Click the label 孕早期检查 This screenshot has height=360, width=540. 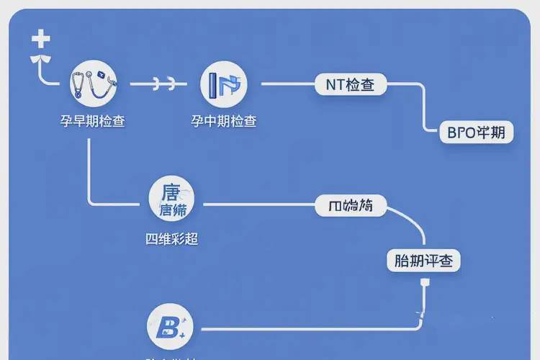(x=93, y=121)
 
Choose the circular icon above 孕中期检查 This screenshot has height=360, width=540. (x=224, y=84)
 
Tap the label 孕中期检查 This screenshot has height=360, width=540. (x=224, y=121)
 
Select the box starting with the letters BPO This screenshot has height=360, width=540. (x=475, y=133)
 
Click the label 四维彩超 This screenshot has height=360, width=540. (x=172, y=239)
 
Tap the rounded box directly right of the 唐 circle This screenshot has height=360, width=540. (x=351, y=206)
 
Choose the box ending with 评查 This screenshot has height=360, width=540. (x=423, y=261)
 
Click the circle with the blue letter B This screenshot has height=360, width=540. (x=170, y=328)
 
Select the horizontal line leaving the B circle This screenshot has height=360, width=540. (x=302, y=329)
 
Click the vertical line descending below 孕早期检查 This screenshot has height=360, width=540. (x=89, y=166)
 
